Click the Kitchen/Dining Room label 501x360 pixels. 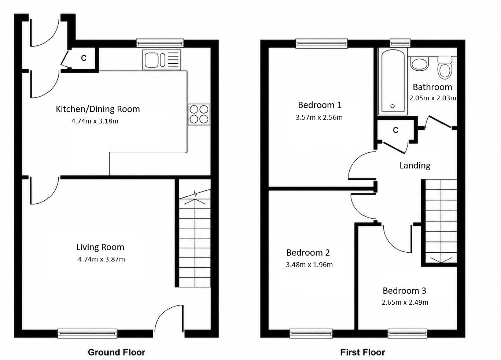coord(98,109)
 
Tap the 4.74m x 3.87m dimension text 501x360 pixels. coord(101,259)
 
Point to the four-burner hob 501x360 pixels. coord(199,114)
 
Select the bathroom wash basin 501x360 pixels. coord(419,64)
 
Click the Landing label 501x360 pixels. coord(415,166)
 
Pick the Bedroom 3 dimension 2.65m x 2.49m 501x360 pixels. coord(405,303)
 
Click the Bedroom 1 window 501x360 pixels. coord(321,43)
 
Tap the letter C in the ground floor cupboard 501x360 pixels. coord(84,58)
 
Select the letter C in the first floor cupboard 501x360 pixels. coord(395,130)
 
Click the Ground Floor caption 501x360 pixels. coord(116,352)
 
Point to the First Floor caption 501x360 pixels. coord(362,352)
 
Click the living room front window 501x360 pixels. coord(87,334)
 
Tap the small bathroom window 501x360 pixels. coord(400,43)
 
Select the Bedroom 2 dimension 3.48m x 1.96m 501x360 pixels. coord(309,264)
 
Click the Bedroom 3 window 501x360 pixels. coord(407,334)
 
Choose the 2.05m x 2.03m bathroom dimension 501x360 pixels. coord(433,98)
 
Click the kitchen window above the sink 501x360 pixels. coord(160,43)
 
